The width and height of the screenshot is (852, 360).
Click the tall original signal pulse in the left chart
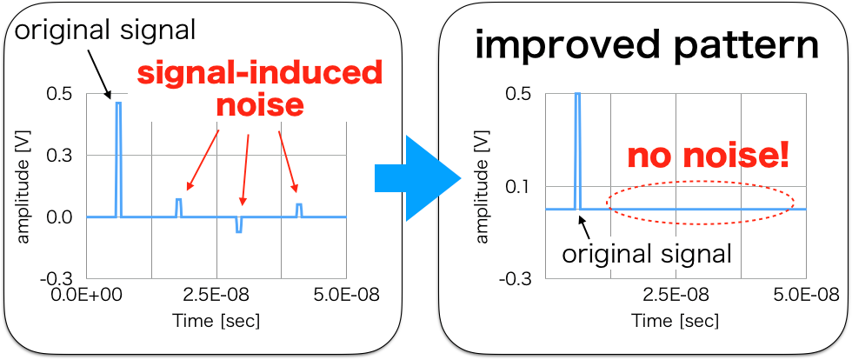click(x=118, y=157)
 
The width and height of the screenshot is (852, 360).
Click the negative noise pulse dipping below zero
click(x=239, y=225)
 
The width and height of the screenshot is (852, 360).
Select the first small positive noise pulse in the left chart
click(x=178, y=208)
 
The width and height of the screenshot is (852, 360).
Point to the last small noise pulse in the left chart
click(x=299, y=210)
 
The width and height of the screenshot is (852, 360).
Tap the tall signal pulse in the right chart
click(x=577, y=148)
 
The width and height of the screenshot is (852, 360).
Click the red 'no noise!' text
click(x=708, y=157)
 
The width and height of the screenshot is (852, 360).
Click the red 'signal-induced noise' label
click(x=260, y=89)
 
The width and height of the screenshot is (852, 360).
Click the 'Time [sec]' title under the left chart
click(x=216, y=321)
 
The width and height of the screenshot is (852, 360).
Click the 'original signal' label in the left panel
click(x=105, y=30)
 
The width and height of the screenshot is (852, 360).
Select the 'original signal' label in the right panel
click(x=647, y=254)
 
